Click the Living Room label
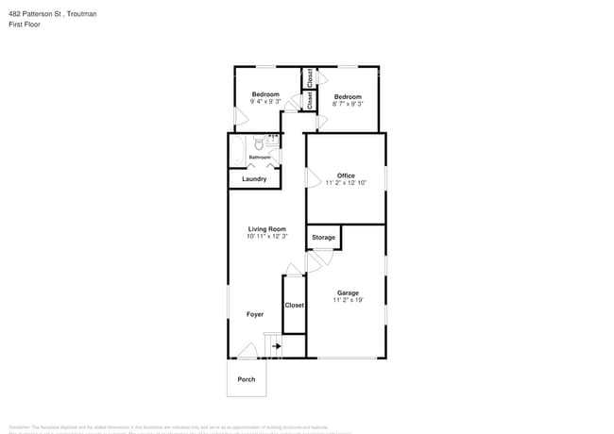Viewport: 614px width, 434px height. coord(266,229)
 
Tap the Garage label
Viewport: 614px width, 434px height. coord(348,293)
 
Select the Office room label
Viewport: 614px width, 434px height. coord(346,175)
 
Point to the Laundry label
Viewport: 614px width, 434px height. coord(254,179)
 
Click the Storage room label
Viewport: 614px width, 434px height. coord(323,238)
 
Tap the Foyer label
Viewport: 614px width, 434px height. coord(255,314)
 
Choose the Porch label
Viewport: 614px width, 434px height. coord(247,379)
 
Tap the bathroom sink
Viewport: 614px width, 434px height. coord(274,143)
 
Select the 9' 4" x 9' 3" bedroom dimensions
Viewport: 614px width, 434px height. coord(265,102)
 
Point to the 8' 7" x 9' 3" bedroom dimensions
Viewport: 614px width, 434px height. coord(348,104)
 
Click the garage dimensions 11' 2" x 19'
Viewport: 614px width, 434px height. coord(348,301)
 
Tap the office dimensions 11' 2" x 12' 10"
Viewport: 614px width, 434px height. coord(346,182)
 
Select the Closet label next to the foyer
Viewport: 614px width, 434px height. coord(295,306)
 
